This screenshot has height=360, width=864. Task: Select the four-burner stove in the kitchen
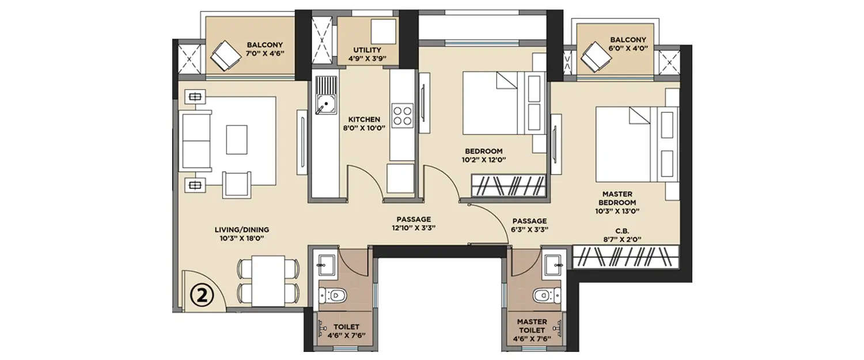point(402,115)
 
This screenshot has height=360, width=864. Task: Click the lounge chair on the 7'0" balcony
point(225,55)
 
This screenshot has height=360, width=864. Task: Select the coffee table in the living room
point(236,139)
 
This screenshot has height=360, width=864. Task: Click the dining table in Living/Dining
point(268,281)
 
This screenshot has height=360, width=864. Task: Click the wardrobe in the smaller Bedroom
point(508,187)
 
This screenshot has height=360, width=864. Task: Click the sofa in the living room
point(195,141)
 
